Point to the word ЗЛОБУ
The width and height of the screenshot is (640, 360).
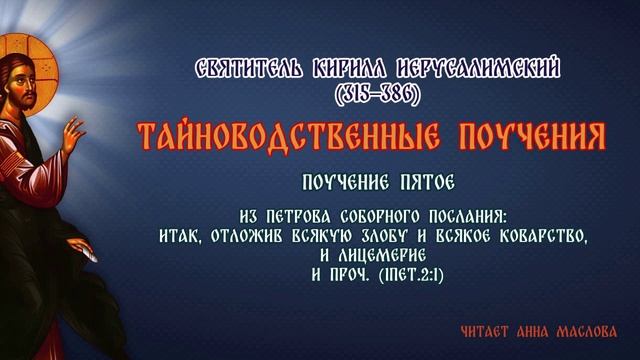pos(390,236)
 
